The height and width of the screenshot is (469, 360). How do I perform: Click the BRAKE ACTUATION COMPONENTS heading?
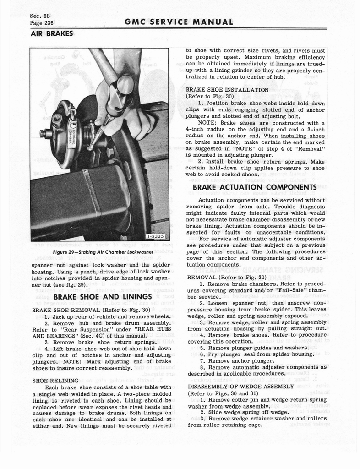[x=255, y=187]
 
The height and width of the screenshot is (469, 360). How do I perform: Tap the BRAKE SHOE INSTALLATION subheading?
[x=227, y=90]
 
